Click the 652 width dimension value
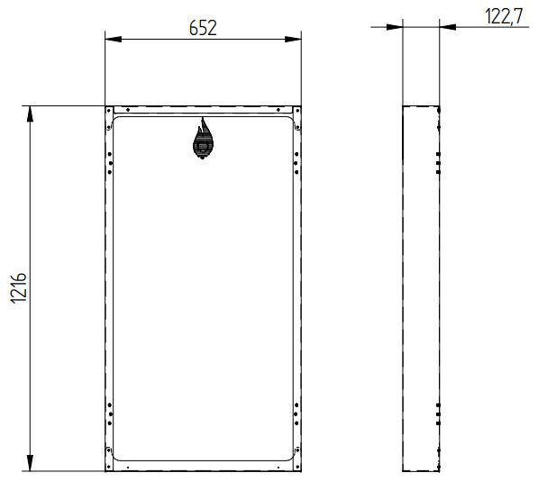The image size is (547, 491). click(x=203, y=28)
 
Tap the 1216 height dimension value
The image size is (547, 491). click(x=19, y=288)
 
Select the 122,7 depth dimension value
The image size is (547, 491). click(x=504, y=16)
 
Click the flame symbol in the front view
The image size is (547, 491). click(x=203, y=139)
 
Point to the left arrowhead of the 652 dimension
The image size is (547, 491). click(x=114, y=39)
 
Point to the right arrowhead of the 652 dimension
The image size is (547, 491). click(x=293, y=39)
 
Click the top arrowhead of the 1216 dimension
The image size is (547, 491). click(x=31, y=114)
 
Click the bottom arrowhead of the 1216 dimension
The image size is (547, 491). click(x=31, y=463)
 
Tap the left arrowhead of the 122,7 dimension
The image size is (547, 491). click(x=395, y=27)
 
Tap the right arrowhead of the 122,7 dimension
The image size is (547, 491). click(x=448, y=27)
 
